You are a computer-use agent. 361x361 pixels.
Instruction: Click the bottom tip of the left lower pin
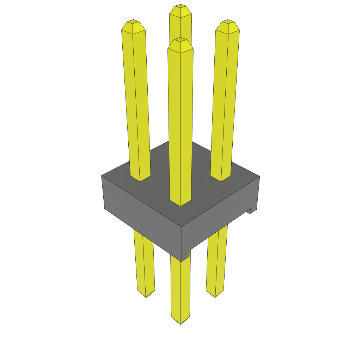tap(146, 296)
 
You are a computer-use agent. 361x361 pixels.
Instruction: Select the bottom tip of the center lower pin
tap(180, 323)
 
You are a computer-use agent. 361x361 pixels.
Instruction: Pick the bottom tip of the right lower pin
tap(215, 296)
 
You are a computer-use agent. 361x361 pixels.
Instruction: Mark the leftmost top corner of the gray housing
tap(102, 176)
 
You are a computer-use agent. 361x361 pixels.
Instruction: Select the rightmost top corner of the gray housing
tap(259, 176)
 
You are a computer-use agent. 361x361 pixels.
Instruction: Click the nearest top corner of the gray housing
tap(181, 226)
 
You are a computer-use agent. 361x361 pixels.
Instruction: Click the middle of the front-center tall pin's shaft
tap(180, 123)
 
